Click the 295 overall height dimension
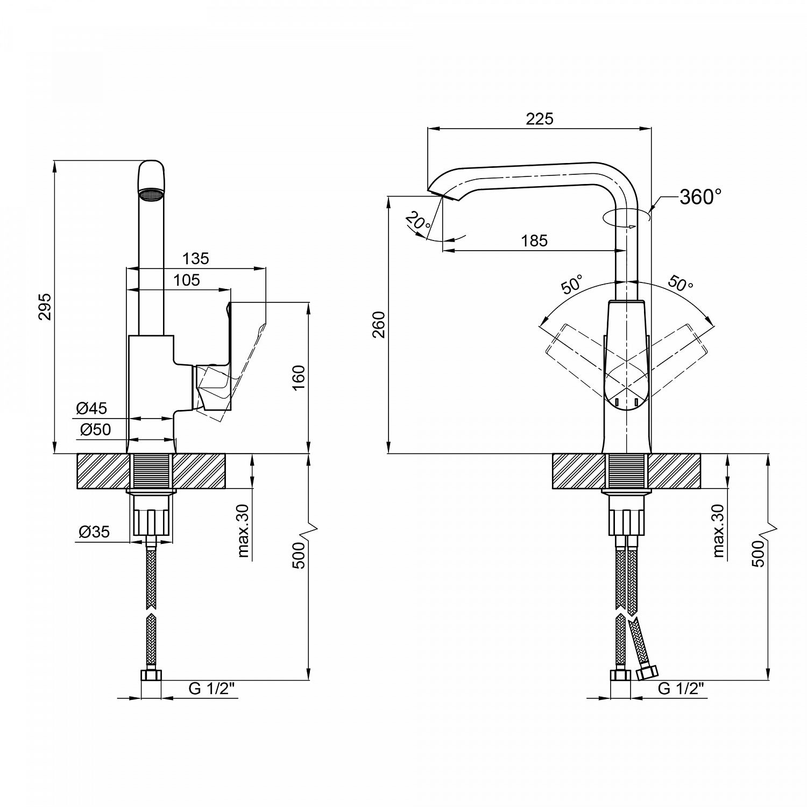point(46,307)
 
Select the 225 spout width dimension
point(539,119)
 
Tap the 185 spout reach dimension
point(534,240)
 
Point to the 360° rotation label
point(700,197)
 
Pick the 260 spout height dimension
point(379,324)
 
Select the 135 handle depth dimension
point(195,259)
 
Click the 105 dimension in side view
point(187,280)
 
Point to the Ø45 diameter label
point(91,408)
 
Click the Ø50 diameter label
point(95,429)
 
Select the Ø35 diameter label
point(94,532)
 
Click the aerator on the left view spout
point(151,194)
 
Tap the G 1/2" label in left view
point(212,689)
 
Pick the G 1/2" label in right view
point(681,689)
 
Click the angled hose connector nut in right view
point(647,672)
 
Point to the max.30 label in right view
point(718,530)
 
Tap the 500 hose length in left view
point(299,555)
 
